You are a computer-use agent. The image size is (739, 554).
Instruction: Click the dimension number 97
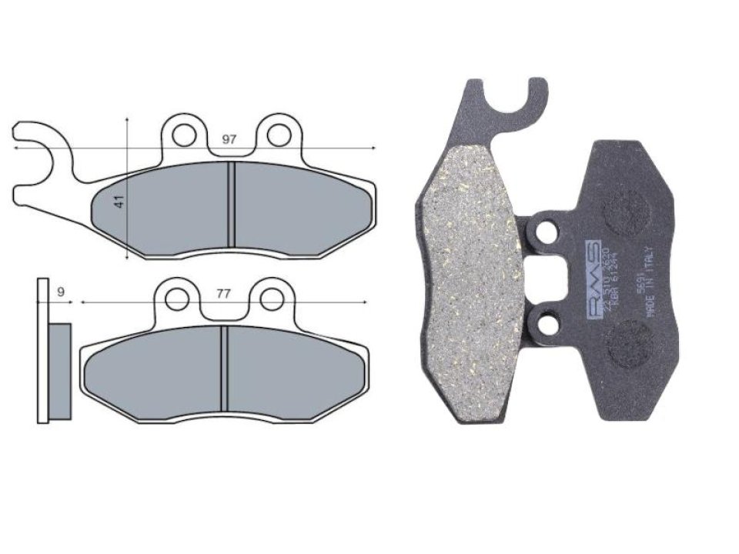[229, 139]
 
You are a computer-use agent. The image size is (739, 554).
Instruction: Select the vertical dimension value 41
[119, 202]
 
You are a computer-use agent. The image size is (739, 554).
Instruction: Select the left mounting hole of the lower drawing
[178, 298]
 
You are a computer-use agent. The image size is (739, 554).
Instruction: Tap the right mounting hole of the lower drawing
[271, 298]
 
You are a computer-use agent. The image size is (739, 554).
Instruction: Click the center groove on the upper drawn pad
[230, 205]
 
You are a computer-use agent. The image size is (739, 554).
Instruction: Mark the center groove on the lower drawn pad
[223, 369]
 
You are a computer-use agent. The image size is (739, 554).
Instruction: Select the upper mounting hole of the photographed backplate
[546, 230]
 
